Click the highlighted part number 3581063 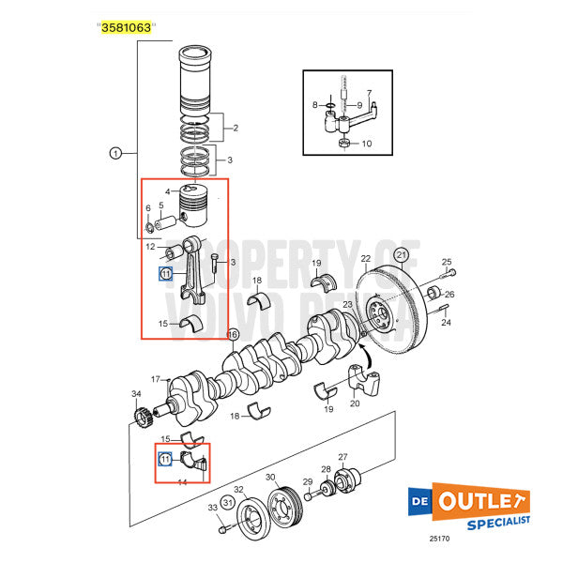[x=125, y=28]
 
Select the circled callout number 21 [x=401, y=253]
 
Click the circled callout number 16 [x=233, y=334]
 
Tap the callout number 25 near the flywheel [x=447, y=262]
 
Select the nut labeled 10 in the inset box [x=343, y=144]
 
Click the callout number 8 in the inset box [x=315, y=107]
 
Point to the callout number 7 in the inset [x=371, y=94]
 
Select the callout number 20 [x=354, y=403]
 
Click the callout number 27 [x=342, y=457]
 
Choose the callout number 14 [x=182, y=480]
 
